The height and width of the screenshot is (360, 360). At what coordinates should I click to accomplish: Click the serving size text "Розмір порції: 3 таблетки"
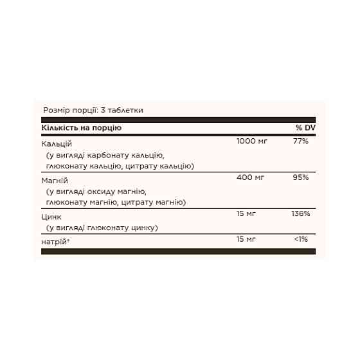[93, 110]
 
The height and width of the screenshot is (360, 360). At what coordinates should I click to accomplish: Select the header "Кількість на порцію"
[81, 127]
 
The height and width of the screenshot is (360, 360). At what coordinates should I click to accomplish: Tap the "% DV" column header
[305, 127]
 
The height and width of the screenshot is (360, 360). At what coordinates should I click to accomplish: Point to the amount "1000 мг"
[253, 141]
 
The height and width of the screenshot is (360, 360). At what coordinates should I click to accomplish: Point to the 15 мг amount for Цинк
[247, 214]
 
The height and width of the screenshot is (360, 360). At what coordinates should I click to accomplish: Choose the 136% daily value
[301, 214]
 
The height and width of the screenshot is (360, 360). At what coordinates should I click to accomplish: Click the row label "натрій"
[55, 240]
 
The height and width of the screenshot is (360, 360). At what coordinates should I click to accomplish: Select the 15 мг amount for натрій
[247, 240]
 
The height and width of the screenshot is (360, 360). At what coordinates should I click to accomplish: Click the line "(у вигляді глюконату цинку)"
[102, 227]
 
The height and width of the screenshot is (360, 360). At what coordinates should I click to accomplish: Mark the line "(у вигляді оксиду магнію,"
[97, 192]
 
